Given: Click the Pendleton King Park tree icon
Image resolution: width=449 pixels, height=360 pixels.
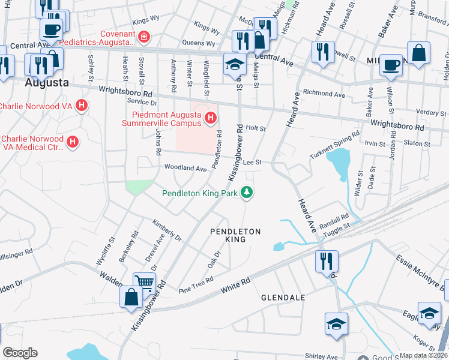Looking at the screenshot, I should click(246, 193).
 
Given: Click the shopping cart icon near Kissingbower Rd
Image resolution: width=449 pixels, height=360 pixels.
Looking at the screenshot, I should click(145, 281).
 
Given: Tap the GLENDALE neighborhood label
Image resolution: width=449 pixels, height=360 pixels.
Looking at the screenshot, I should click(283, 298).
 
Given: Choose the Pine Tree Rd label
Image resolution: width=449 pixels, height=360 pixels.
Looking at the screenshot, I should click(196, 286).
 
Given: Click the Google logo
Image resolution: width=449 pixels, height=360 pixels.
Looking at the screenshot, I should click(20, 353).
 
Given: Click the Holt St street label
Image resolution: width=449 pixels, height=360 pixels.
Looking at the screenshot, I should click(256, 128).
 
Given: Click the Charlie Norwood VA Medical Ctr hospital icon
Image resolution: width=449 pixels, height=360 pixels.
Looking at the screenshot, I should click(73, 142).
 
